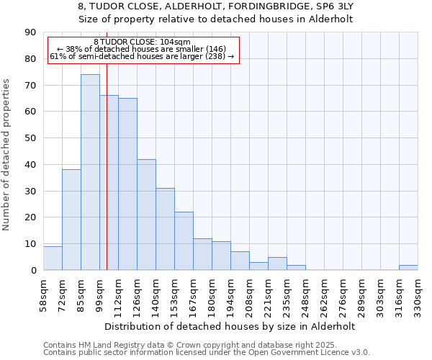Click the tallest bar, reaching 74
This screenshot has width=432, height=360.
pyautogui.click(x=90, y=173)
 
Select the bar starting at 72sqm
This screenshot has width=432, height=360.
pyautogui.click(x=71, y=220)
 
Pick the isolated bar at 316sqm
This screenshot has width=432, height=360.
pyautogui.click(x=408, y=267)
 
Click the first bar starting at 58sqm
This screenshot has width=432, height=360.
pyautogui.click(x=53, y=258)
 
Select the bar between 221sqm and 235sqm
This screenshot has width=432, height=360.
pyautogui.click(x=277, y=264)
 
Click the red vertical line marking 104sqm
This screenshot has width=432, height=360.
pyautogui.click(x=107, y=180)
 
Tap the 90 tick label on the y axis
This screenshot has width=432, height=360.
pyautogui.click(x=30, y=32)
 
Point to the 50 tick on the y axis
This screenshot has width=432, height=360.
pyautogui.click(x=30, y=138)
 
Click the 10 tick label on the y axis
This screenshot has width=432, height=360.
pyautogui.click(x=30, y=244)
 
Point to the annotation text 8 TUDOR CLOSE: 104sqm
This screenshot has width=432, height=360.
pyautogui.click(x=142, y=42)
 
